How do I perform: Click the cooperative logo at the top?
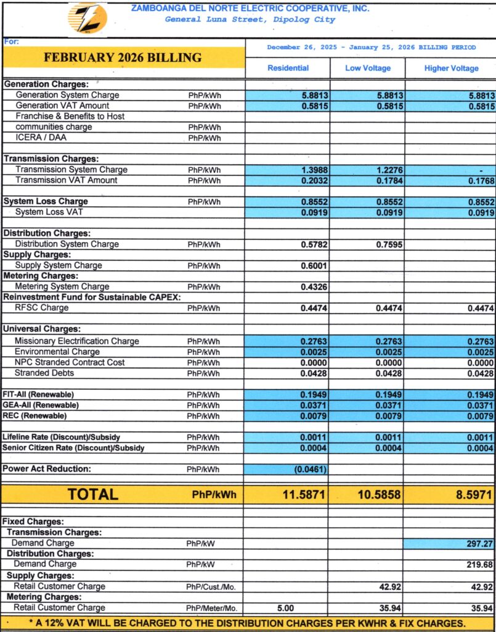click(x=87, y=19)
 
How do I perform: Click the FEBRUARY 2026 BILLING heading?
click(x=123, y=58)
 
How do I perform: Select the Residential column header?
click(x=288, y=69)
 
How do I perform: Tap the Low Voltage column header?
click(x=368, y=69)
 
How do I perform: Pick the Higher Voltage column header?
click(x=451, y=69)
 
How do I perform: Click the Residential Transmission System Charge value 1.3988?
click(x=314, y=170)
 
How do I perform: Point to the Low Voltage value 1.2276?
click(x=389, y=170)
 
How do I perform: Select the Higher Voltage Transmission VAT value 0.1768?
click(x=481, y=181)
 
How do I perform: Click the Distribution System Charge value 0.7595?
click(x=389, y=244)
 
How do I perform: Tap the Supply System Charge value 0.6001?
click(x=314, y=265)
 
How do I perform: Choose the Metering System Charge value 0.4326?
click(x=314, y=287)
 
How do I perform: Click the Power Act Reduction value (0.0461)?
click(x=311, y=469)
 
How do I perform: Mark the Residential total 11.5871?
click(x=304, y=494)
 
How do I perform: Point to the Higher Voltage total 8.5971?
click(x=471, y=494)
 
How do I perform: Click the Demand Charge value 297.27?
click(x=479, y=543)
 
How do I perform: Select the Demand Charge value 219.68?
click(x=479, y=565)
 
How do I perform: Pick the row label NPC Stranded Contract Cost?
click(x=70, y=362)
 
